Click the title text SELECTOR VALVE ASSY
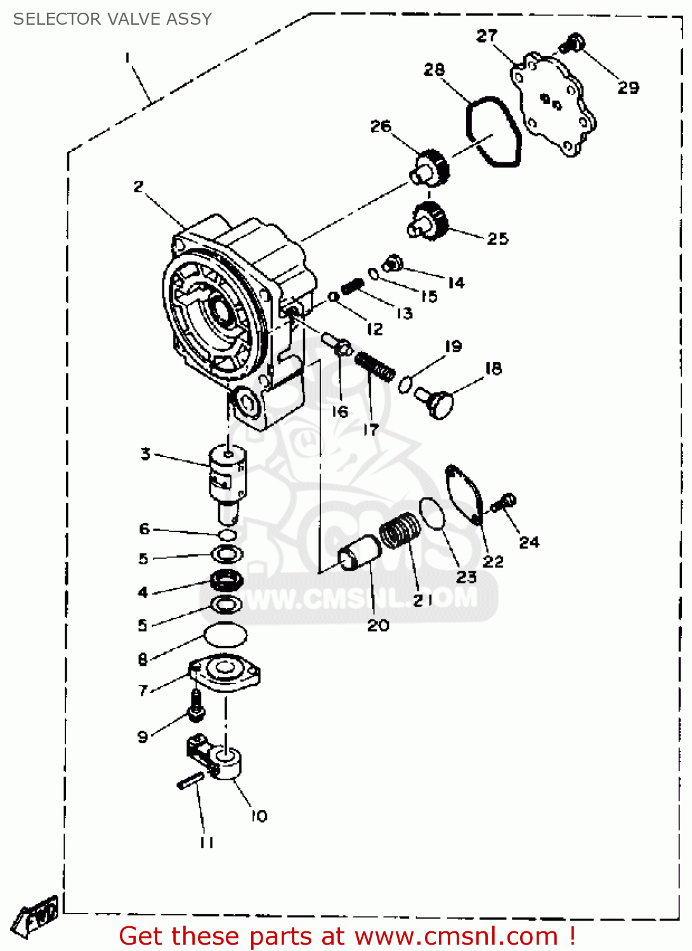[112, 19]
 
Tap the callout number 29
[628, 87]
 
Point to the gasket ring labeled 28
[493, 132]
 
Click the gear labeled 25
[429, 221]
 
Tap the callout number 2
[138, 186]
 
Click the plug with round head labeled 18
[436, 402]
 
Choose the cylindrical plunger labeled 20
[359, 552]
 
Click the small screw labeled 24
[506, 502]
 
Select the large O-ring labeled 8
[225, 633]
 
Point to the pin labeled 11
[191, 780]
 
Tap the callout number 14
[456, 283]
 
